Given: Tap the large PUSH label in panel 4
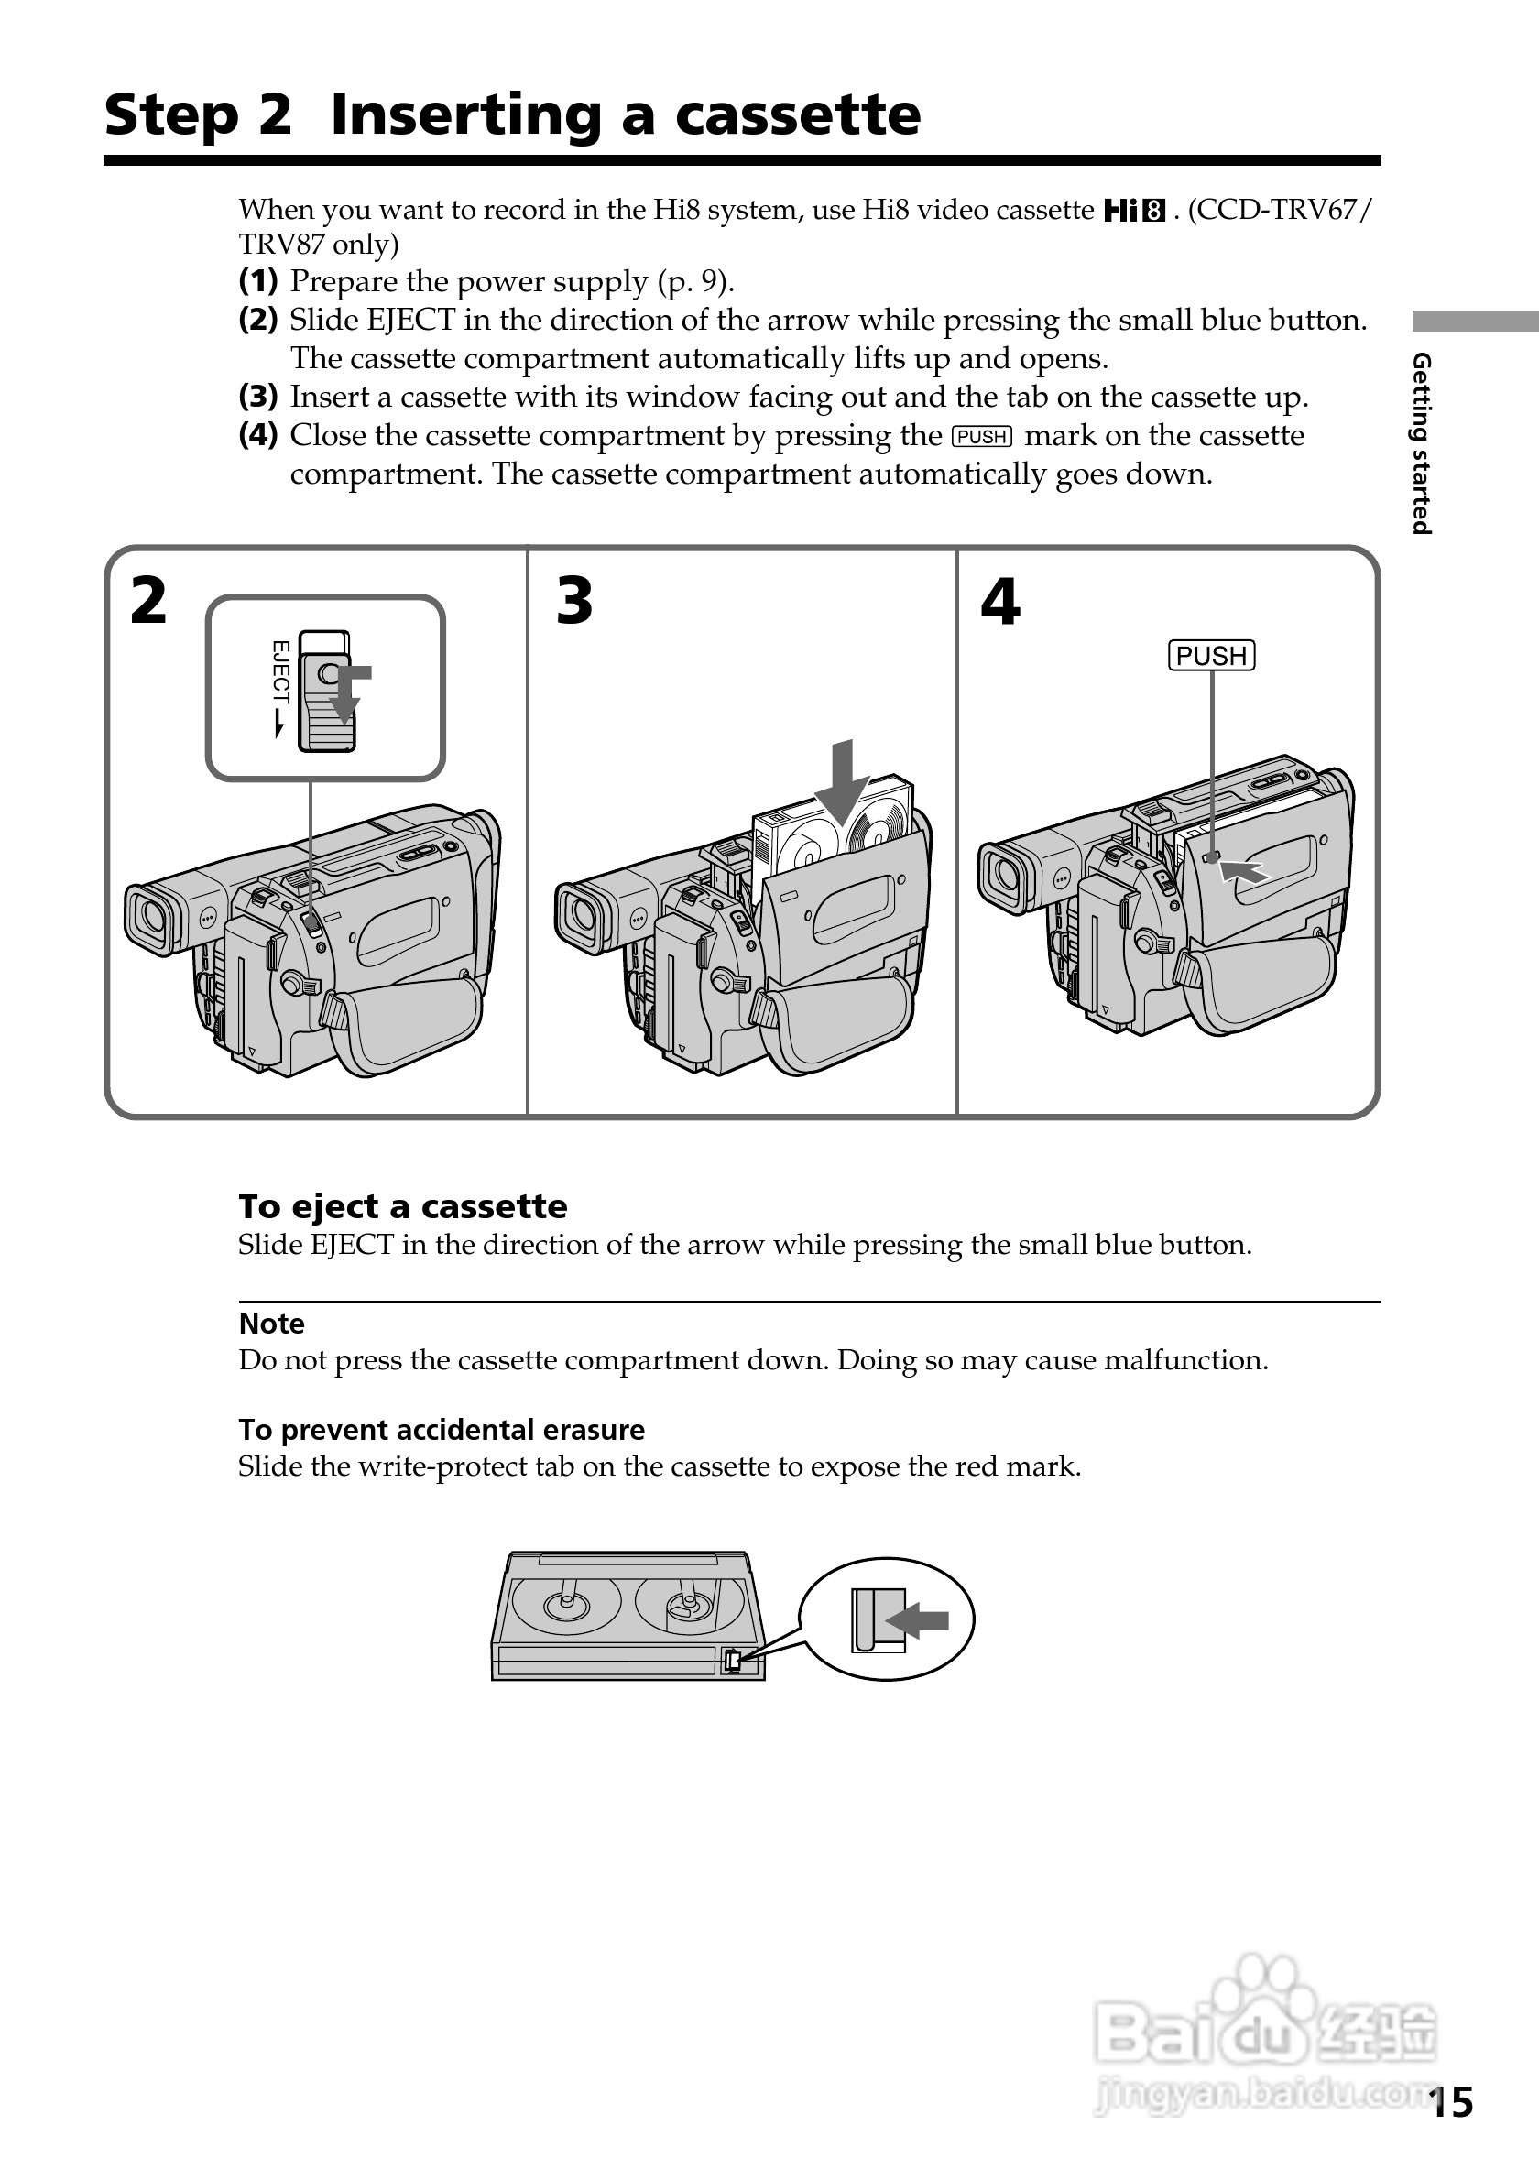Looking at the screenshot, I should click(1210, 656).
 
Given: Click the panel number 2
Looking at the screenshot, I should click(148, 601).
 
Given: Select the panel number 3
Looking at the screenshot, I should click(574, 601).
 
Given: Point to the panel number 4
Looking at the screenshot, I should click(999, 602).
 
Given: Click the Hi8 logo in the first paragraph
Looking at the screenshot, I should click(1134, 210).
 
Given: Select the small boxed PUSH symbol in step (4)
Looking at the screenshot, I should click(982, 437).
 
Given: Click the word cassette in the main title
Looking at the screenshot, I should click(798, 114).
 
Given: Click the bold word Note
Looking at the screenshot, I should click(271, 1324).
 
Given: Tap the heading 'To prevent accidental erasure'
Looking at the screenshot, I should click(442, 1429).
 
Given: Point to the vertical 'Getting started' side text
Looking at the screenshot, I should click(1421, 443).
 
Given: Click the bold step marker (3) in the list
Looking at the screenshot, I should click(258, 396).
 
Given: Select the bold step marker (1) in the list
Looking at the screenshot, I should click(258, 281).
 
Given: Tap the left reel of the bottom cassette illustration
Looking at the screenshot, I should click(566, 1604).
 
